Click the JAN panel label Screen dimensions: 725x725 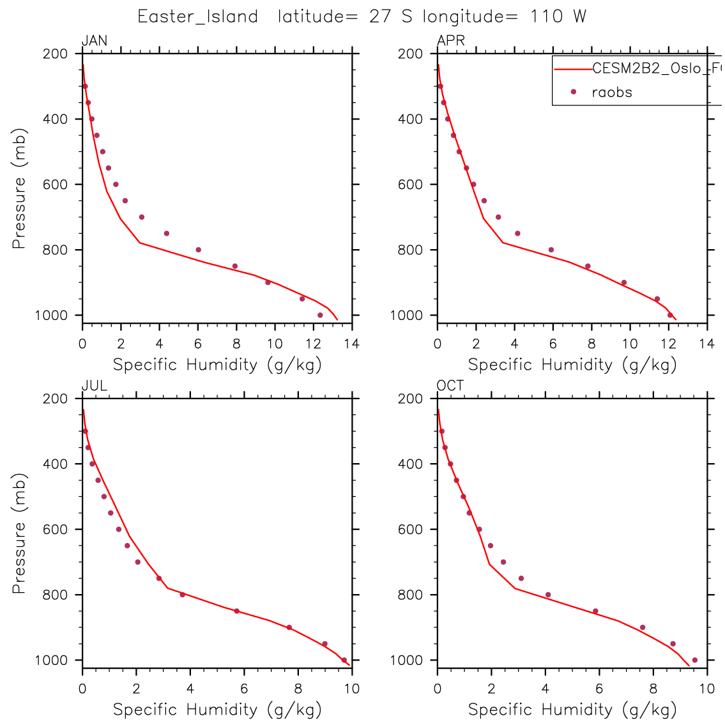point(95,42)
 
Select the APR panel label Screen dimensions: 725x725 point(451,42)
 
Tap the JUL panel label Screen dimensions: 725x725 point(95,386)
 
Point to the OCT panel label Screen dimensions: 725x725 point(450,386)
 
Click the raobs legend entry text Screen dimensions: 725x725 point(612,93)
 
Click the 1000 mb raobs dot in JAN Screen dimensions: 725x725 point(320,315)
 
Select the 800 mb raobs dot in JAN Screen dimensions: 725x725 point(198,250)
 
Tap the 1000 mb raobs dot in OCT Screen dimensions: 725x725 point(694,660)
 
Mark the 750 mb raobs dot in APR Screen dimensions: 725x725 point(517,233)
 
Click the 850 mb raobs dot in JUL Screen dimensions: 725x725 point(236,611)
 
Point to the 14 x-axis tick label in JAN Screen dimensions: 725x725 point(351,344)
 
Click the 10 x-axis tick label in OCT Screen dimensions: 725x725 point(706,689)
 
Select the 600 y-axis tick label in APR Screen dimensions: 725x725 point(410,185)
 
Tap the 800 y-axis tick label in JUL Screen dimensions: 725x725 point(55,595)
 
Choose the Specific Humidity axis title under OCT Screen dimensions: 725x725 point(572,710)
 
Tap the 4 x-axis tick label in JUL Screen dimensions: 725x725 point(190,689)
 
